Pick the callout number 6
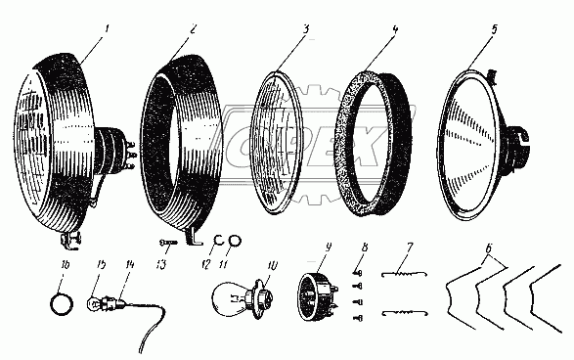coord(489,249)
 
